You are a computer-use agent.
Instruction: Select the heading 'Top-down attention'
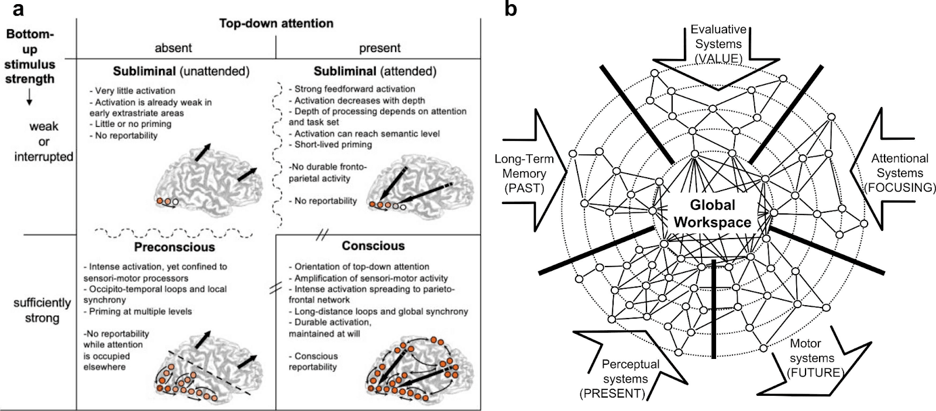pos(276,23)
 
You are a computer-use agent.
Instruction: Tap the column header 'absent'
pos(173,48)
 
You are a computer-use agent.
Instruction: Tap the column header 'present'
pos(380,48)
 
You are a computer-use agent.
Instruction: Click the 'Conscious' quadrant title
pos(373,246)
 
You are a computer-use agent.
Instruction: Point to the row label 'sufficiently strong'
pos(42,310)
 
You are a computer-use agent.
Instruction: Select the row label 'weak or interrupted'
pos(44,141)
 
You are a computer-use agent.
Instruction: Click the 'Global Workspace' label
pos(712,213)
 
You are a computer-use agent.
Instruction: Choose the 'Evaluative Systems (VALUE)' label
pos(718,44)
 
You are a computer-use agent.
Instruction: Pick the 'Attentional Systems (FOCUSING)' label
pos(900,172)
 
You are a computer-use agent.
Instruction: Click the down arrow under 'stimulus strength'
pos(29,100)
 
